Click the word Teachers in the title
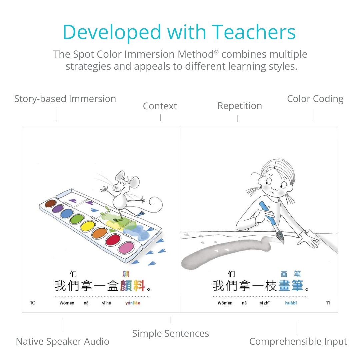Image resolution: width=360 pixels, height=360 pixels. click(x=253, y=32)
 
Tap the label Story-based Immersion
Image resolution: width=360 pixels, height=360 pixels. click(x=65, y=99)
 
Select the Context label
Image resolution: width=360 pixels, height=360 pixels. click(x=160, y=106)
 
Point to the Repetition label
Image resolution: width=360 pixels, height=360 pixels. click(x=240, y=106)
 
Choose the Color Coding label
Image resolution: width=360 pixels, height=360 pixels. click(x=315, y=99)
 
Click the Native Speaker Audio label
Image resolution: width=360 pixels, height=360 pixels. click(x=62, y=341)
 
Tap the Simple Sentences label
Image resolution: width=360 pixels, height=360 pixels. click(x=171, y=333)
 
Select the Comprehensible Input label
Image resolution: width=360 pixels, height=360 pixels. click(x=298, y=341)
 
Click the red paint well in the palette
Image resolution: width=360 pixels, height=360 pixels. click(x=113, y=240)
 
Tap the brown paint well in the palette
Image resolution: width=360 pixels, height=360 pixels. click(x=51, y=203)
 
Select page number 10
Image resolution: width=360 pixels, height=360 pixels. click(x=33, y=303)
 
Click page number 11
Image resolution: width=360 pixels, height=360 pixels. click(x=328, y=303)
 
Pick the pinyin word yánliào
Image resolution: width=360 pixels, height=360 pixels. click(x=133, y=303)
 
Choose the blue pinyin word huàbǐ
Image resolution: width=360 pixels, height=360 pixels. click(x=291, y=303)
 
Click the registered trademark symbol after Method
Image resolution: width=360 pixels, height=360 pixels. click(x=216, y=52)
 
